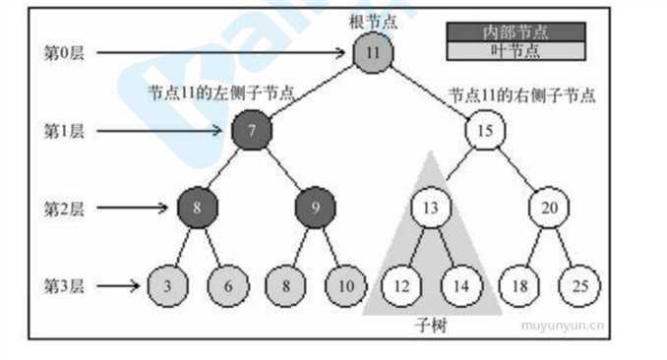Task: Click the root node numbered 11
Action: (x=373, y=52)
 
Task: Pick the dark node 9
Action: (x=315, y=208)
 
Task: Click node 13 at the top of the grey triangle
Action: (x=430, y=208)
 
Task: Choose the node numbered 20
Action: (x=549, y=208)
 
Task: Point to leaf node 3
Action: (x=167, y=285)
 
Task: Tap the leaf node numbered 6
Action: (x=227, y=285)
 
